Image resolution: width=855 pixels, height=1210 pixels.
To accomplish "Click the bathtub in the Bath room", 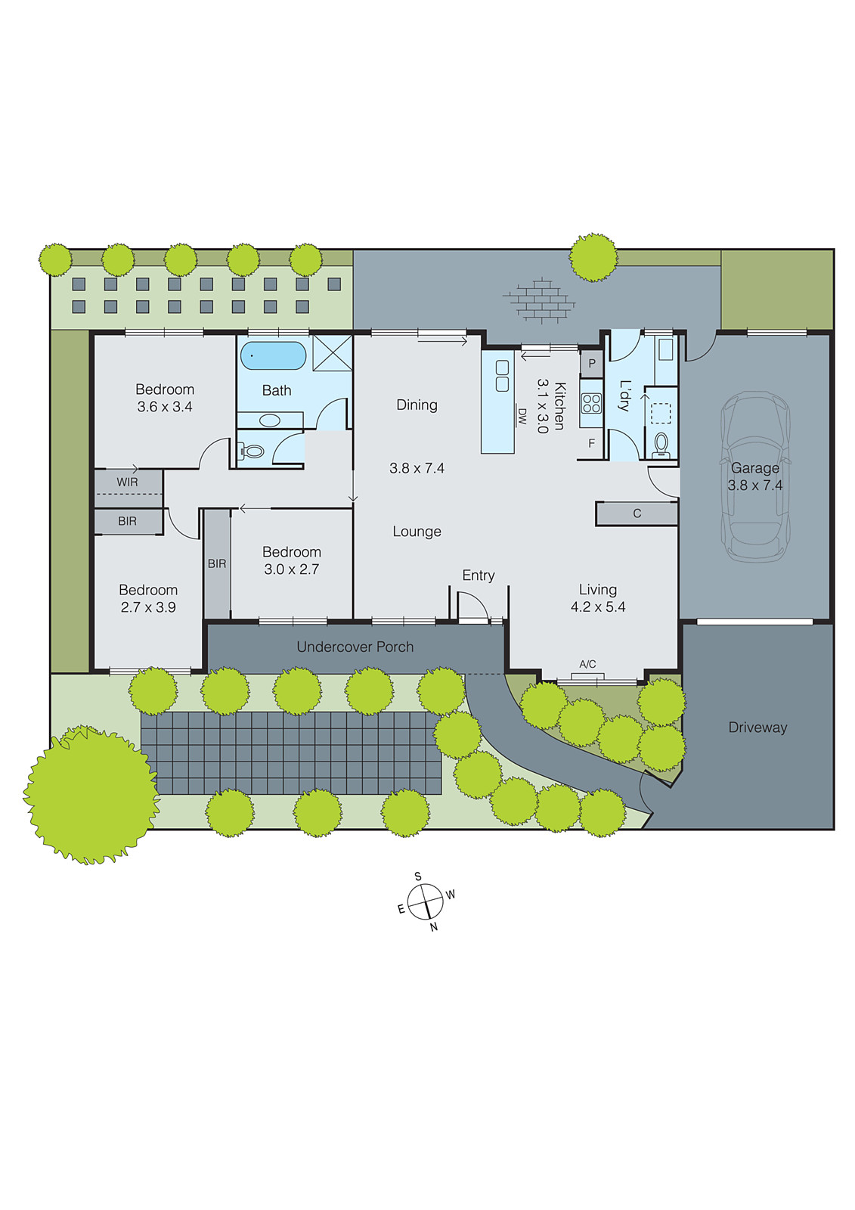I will tap(273, 355).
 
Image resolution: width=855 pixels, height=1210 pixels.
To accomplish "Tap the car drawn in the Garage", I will tap(755, 476).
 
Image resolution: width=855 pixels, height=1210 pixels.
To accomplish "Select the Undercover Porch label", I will tap(355, 647).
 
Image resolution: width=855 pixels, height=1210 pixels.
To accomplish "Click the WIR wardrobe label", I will tap(127, 482).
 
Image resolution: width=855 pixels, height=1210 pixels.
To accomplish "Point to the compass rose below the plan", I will tap(425, 902).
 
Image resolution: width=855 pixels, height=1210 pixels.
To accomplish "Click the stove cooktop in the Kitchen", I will tap(591, 403).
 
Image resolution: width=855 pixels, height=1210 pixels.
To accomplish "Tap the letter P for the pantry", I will tap(592, 363).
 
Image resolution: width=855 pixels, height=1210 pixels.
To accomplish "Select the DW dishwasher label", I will tap(522, 416).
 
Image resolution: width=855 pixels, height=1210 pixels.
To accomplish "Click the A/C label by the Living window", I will tap(587, 664).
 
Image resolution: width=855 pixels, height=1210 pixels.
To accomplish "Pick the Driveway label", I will tap(757, 728).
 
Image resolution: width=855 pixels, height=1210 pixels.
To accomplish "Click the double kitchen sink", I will tap(502, 376).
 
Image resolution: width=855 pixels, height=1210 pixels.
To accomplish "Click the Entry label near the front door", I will tap(479, 576).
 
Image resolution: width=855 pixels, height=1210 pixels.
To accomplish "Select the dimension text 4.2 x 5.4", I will tap(598, 607).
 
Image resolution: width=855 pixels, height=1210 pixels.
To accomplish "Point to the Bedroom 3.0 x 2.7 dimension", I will tap(292, 569).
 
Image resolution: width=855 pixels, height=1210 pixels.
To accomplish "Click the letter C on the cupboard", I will tap(637, 513).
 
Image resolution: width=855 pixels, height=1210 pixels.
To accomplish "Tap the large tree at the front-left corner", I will tap(91, 794).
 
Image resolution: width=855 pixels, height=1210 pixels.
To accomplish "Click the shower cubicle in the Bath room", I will tap(333, 352).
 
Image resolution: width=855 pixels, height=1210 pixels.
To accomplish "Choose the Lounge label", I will tap(417, 532).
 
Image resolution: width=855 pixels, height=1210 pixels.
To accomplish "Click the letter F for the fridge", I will tap(591, 443).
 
